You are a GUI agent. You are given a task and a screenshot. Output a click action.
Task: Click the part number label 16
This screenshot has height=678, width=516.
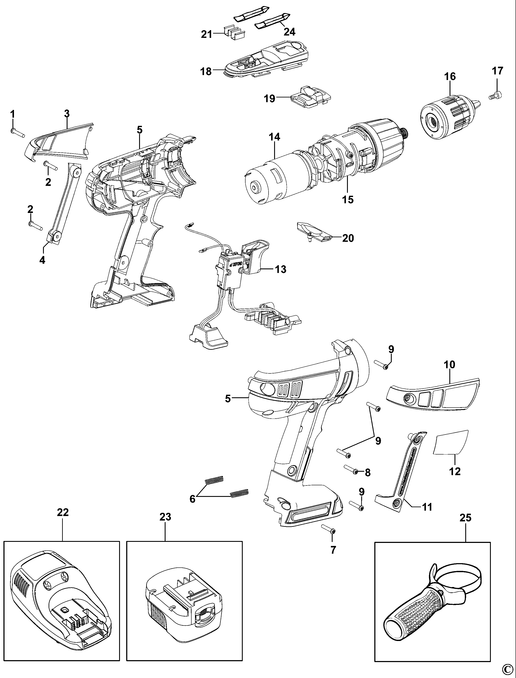[450, 77]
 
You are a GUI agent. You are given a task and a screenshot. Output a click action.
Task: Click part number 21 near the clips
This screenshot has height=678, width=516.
[207, 34]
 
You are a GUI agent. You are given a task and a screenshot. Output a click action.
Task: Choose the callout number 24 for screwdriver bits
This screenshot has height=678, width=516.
[290, 31]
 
